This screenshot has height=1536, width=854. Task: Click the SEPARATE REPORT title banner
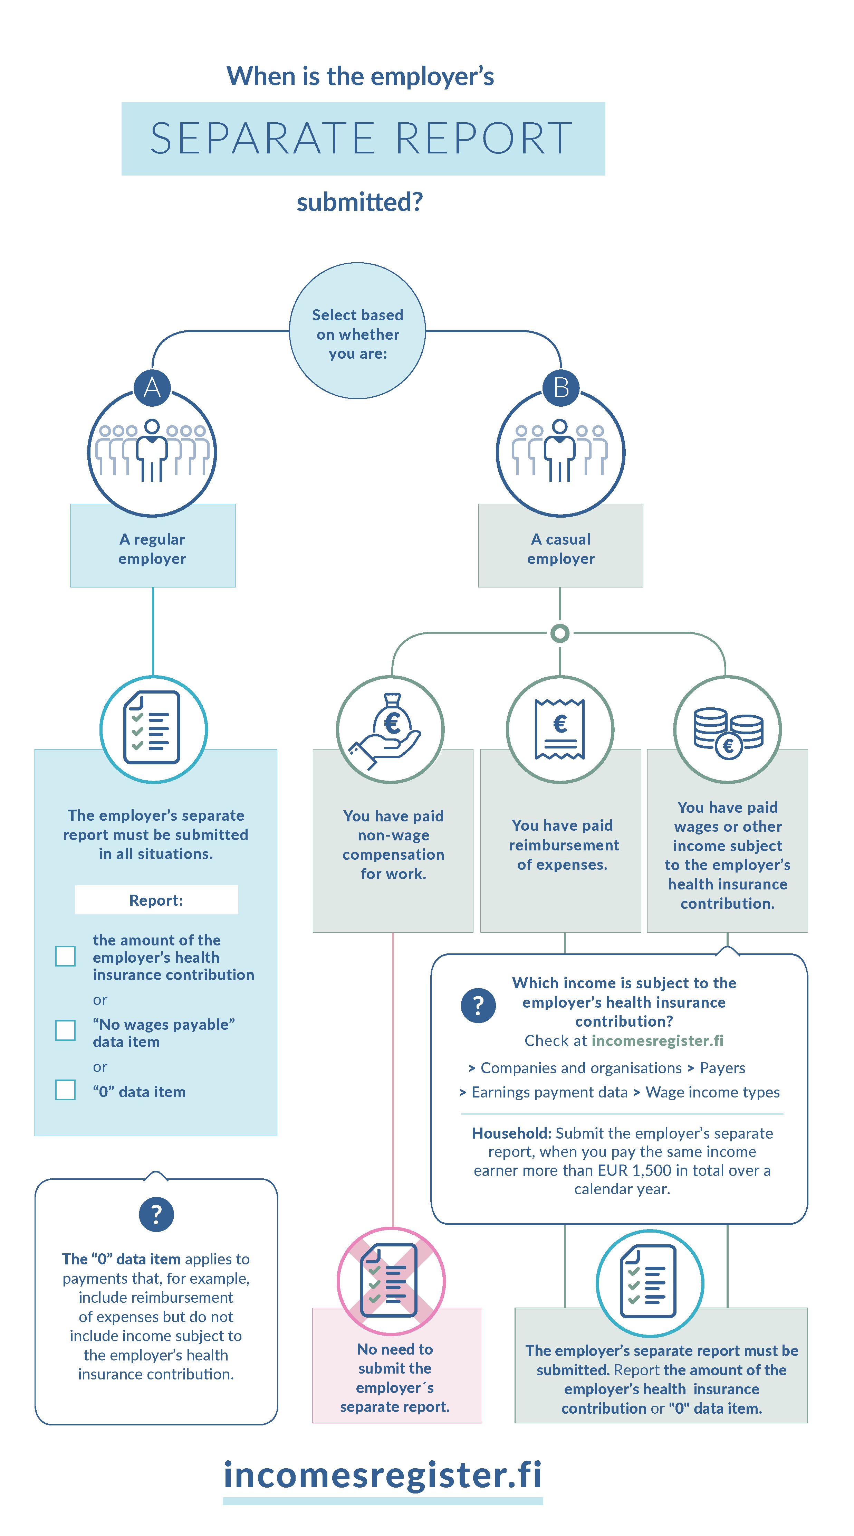(x=363, y=138)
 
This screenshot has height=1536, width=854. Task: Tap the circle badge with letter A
(x=152, y=388)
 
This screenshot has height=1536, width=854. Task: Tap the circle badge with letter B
(x=560, y=388)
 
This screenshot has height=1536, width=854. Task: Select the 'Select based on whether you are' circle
(x=357, y=331)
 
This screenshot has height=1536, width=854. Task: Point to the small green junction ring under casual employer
(x=559, y=633)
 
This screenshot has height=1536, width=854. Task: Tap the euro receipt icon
(x=559, y=729)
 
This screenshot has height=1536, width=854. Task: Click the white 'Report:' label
(x=156, y=900)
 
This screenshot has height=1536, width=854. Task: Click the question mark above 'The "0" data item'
(x=156, y=1214)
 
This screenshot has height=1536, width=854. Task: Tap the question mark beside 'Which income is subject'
(x=478, y=1005)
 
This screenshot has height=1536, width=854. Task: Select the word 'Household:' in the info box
(x=512, y=1133)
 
